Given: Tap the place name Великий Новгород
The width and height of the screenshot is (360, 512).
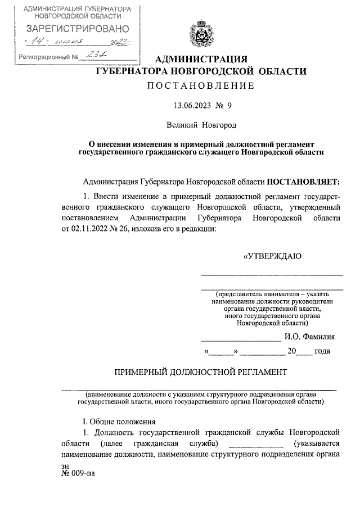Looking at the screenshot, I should pyautogui.click(x=201, y=124).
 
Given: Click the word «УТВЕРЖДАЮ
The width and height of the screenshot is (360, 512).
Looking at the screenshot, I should pyautogui.click(x=272, y=256).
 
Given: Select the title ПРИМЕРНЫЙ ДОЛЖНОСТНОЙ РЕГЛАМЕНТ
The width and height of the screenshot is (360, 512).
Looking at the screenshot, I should pyautogui.click(x=201, y=372).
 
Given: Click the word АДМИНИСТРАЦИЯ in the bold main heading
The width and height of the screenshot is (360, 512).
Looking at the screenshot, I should pyautogui.click(x=201, y=60).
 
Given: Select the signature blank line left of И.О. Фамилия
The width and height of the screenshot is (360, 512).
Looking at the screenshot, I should pyautogui.click(x=241, y=339).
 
